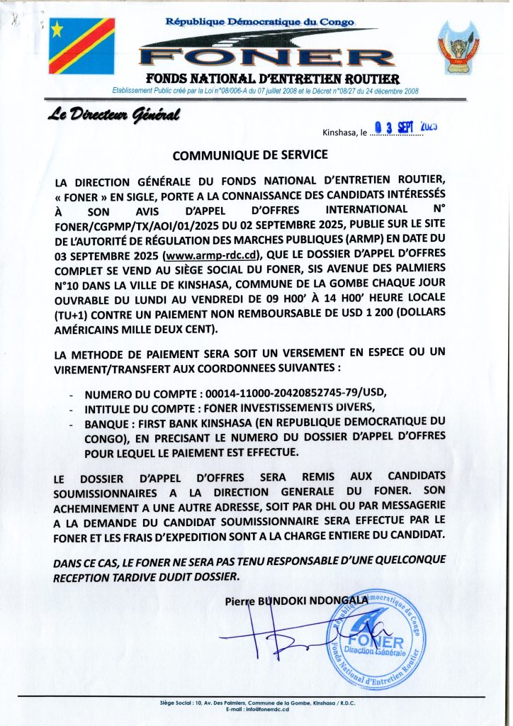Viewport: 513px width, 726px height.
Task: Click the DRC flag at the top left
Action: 82,46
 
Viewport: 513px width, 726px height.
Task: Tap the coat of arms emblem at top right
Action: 456,46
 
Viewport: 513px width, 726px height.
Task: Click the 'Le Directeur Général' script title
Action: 114,114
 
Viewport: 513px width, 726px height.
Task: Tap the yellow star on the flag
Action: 57,29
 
